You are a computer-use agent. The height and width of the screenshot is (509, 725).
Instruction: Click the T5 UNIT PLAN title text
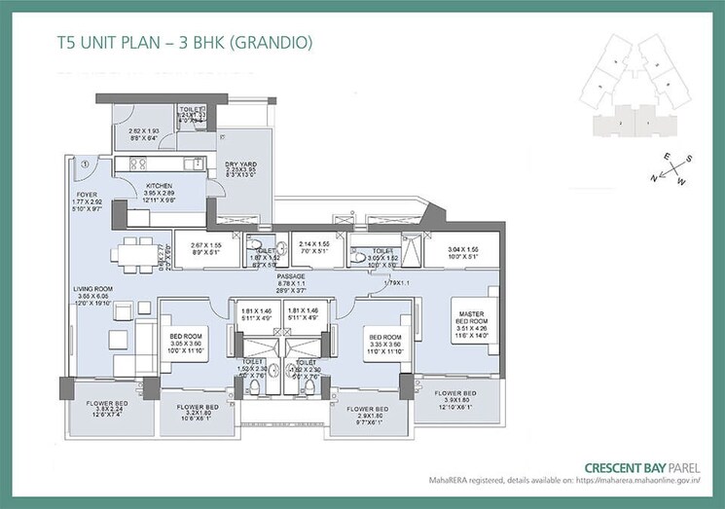[184, 43]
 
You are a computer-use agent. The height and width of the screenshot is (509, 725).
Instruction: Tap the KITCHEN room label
[159, 185]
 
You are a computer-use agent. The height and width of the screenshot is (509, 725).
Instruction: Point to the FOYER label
[87, 194]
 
